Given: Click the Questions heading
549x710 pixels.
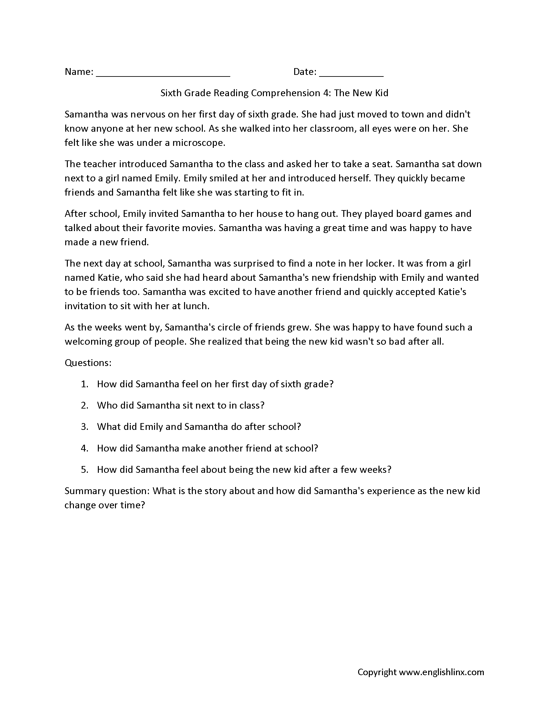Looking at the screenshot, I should (x=88, y=363).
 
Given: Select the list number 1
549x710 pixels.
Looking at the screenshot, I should (x=84, y=384).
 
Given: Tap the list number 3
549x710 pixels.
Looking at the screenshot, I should (x=84, y=427).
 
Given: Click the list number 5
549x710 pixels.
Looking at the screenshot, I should (x=84, y=470).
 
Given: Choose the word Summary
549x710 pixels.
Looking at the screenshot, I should (x=85, y=491).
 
